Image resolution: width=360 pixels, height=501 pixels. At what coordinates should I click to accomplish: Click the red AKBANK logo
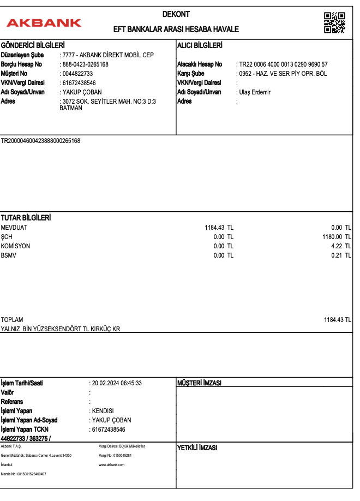pos(44,23)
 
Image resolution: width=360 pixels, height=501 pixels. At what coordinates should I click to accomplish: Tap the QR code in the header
pos(334,22)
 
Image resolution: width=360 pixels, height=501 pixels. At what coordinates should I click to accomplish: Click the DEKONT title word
pos(176,14)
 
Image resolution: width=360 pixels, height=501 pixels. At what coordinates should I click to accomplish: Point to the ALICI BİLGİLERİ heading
pos(200,45)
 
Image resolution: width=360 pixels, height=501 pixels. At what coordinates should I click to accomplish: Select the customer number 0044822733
pos(78,74)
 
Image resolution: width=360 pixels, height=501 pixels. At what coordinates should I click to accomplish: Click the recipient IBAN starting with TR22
pos(283,64)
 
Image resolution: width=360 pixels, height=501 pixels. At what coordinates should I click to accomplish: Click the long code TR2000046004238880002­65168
pos(41,141)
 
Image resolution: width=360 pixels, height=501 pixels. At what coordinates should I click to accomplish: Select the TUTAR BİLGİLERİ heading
pos(26,218)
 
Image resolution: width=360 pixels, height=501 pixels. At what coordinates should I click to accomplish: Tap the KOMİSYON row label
pos(16,246)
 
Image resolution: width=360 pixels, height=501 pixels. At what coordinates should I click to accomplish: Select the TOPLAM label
pos(12,320)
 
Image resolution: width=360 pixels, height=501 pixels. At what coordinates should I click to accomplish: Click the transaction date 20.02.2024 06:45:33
pos(117,383)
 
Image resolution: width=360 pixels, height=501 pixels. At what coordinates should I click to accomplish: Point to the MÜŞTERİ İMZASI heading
pos(200,383)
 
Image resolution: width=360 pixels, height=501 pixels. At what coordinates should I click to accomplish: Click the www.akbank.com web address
pos(112,464)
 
